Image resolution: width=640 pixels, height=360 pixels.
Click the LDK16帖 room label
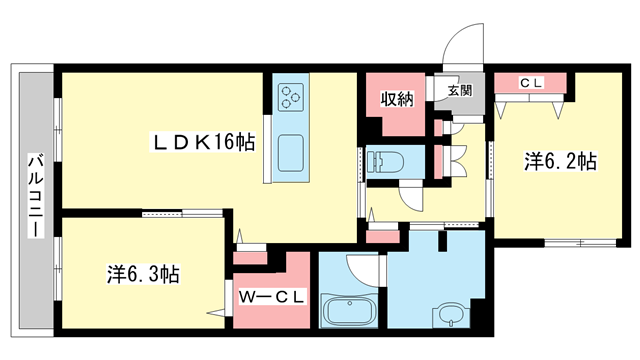[x=204, y=142]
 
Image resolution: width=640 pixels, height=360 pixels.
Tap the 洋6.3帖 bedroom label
[x=143, y=274]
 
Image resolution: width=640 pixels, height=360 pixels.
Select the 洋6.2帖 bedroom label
[x=560, y=161]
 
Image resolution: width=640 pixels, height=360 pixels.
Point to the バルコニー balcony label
[x=36, y=195]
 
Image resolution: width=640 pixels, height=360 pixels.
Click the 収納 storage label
[x=397, y=99]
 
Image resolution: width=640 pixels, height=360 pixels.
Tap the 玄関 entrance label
[x=460, y=90]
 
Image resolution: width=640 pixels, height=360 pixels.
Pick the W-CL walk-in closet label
[x=271, y=297]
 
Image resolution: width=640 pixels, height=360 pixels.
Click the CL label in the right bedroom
[x=531, y=83]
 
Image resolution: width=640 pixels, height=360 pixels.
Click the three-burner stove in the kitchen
[x=291, y=97]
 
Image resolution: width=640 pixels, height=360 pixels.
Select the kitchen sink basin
[x=291, y=153]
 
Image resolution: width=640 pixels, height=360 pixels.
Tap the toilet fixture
[x=385, y=162]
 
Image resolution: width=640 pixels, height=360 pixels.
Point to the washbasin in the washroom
[x=451, y=314]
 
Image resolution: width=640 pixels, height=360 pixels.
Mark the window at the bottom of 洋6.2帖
[x=580, y=243]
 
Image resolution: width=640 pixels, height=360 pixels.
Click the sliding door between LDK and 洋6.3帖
[x=182, y=213]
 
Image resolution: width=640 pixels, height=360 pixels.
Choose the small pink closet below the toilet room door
[x=382, y=237]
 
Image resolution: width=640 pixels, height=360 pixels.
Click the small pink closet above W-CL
[x=250, y=258]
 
